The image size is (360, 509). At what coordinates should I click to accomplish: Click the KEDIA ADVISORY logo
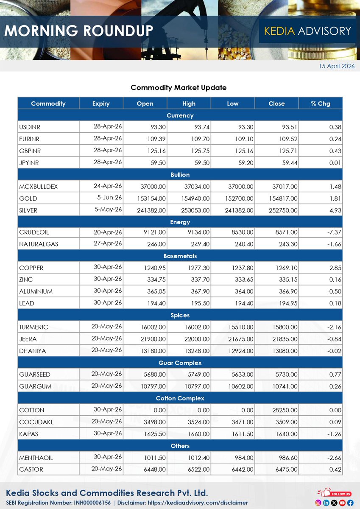pyautogui.click(x=307, y=31)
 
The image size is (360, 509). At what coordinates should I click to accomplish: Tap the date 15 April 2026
pyautogui.click(x=337, y=66)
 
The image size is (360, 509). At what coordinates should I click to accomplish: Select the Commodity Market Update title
pyautogui.click(x=179, y=87)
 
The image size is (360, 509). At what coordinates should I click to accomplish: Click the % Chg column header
pyautogui.click(x=320, y=103)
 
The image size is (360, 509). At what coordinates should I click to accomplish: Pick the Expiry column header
pyautogui.click(x=101, y=103)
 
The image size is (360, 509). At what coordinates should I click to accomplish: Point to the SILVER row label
pyautogui.click(x=28, y=210)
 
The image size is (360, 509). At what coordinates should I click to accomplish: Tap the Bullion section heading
pyautogui.click(x=180, y=175)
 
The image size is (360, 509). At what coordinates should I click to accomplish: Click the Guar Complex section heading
pyautogui.click(x=180, y=363)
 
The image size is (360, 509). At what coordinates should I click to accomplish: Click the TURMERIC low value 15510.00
pyautogui.click(x=240, y=327)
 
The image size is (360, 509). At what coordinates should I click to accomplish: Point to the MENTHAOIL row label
pyautogui.click(x=36, y=458)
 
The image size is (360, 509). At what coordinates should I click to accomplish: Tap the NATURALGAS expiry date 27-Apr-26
pyautogui.click(x=108, y=243)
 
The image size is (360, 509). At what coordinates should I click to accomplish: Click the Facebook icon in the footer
pyautogui.click(x=350, y=503)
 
